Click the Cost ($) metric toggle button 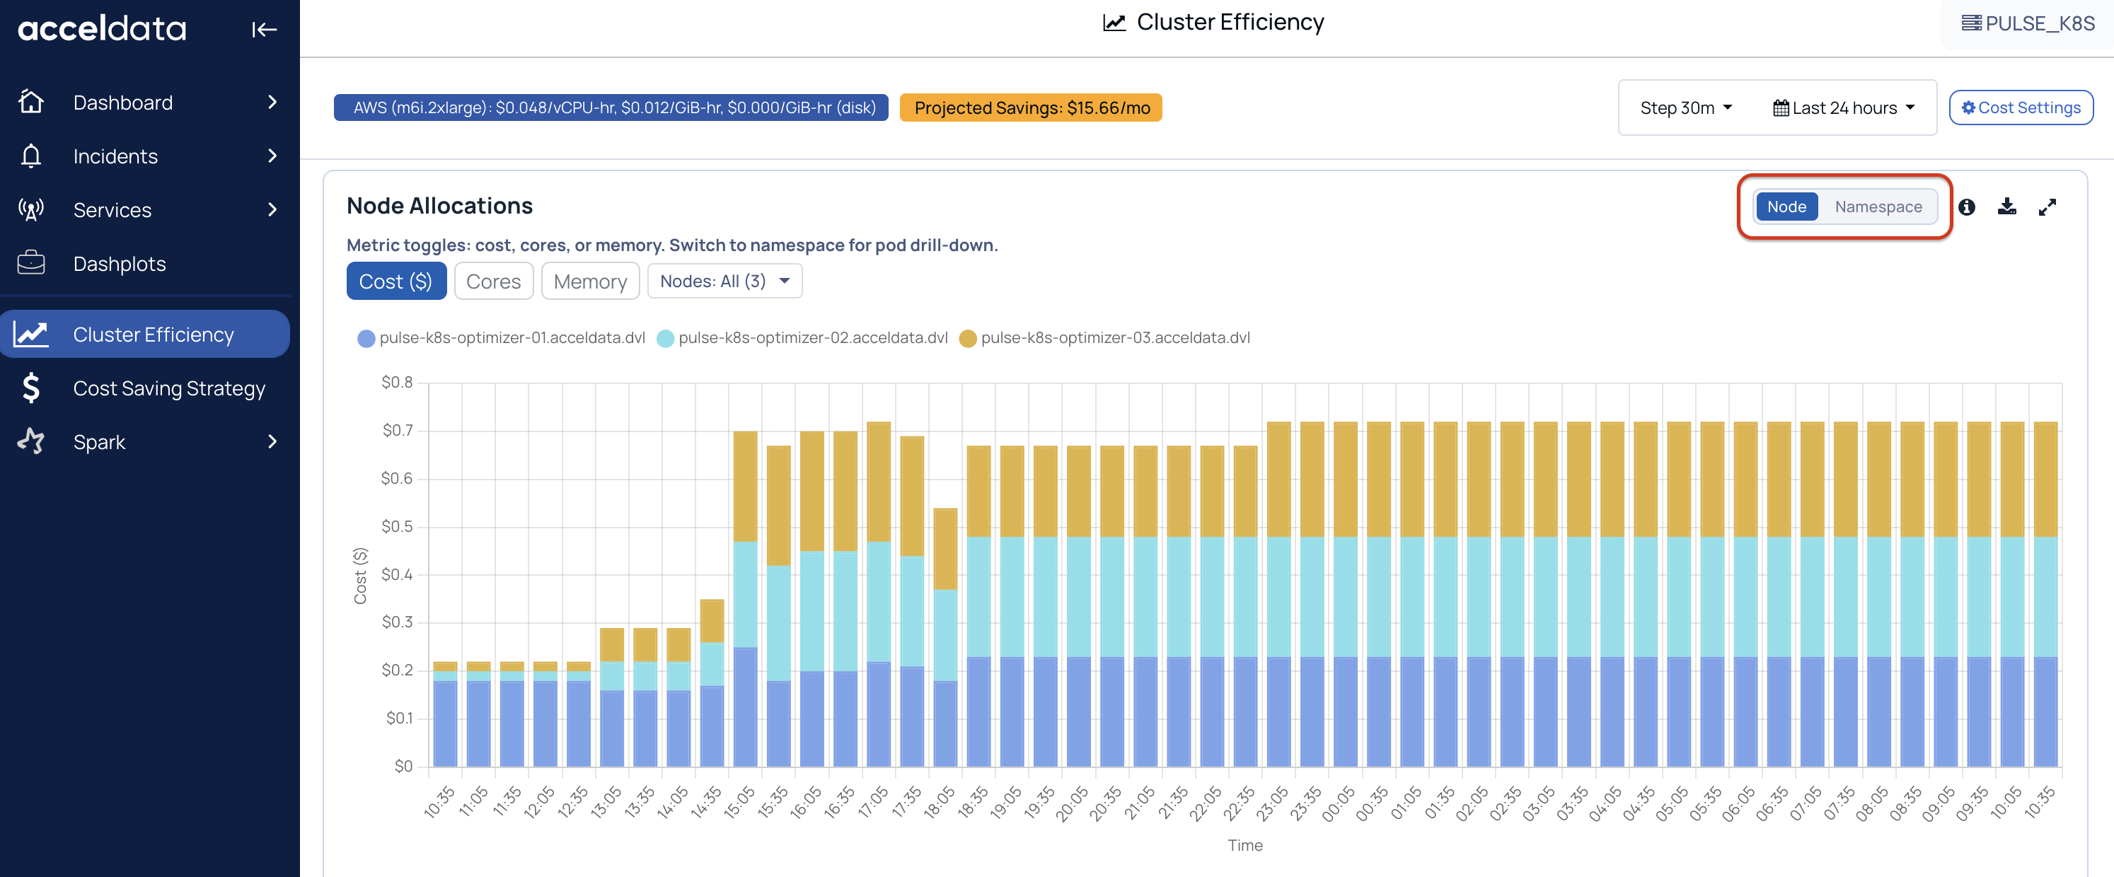click(x=395, y=281)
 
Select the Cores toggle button click(x=493, y=281)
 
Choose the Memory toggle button click(x=590, y=281)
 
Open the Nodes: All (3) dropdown click(x=724, y=281)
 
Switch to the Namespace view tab click(x=1878, y=207)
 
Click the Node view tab click(x=1786, y=207)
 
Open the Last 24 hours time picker click(x=1843, y=108)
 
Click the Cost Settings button click(x=2021, y=108)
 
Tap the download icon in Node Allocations click(x=2006, y=207)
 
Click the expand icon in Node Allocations click(x=2047, y=207)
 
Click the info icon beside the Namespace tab click(x=1966, y=207)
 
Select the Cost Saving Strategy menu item click(x=168, y=388)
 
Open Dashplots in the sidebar click(x=119, y=263)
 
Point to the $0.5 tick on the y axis click(x=397, y=526)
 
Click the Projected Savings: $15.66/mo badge click(x=1031, y=108)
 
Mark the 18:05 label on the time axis click(x=939, y=801)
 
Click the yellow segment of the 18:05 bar click(x=945, y=549)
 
